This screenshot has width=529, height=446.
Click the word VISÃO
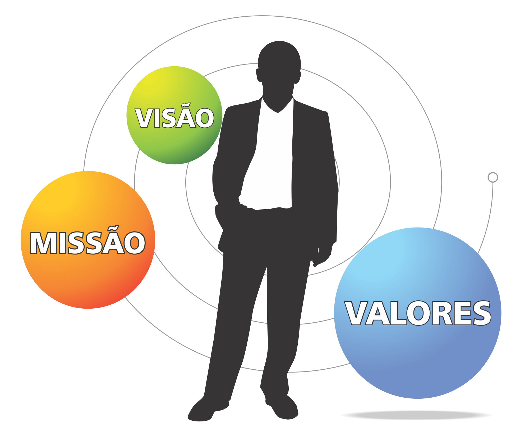[174, 118]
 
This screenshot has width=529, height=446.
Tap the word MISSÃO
[88, 243]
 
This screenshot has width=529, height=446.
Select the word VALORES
[418, 313]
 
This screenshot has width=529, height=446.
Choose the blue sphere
[418, 365]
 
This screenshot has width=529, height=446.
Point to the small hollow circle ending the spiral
[493, 177]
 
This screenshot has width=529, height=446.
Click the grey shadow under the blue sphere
[416, 415]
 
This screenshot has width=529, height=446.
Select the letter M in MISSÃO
[43, 243]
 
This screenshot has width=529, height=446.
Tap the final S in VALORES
[481, 313]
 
